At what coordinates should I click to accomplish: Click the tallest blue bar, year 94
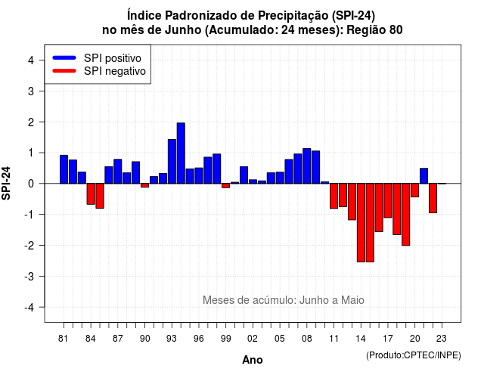pos(181,153)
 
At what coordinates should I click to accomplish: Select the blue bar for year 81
pos(64,169)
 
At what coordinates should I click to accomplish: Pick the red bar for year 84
pos(91,194)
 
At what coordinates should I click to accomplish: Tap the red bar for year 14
pos(361,223)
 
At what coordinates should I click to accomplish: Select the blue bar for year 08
pos(307,166)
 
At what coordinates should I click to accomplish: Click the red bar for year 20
pos(415,190)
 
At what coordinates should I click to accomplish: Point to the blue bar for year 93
pos(172,161)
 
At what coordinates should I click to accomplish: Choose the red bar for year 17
pos(388,200)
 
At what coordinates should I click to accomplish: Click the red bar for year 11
pos(334,196)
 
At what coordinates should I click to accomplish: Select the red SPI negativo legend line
pos(64,71)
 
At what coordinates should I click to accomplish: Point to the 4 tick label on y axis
pos(31,60)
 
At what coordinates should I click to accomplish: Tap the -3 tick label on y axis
pos(29,276)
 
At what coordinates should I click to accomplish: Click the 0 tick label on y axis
pos(31,184)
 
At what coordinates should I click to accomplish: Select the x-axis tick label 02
pos(253,339)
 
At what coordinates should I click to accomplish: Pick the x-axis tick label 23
pos(442,339)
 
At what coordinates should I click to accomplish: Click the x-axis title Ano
pos(253,360)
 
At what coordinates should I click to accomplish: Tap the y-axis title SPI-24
pos(6,183)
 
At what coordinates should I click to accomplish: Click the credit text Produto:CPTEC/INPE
pos(414,355)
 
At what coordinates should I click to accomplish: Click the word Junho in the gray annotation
pos(313,300)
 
